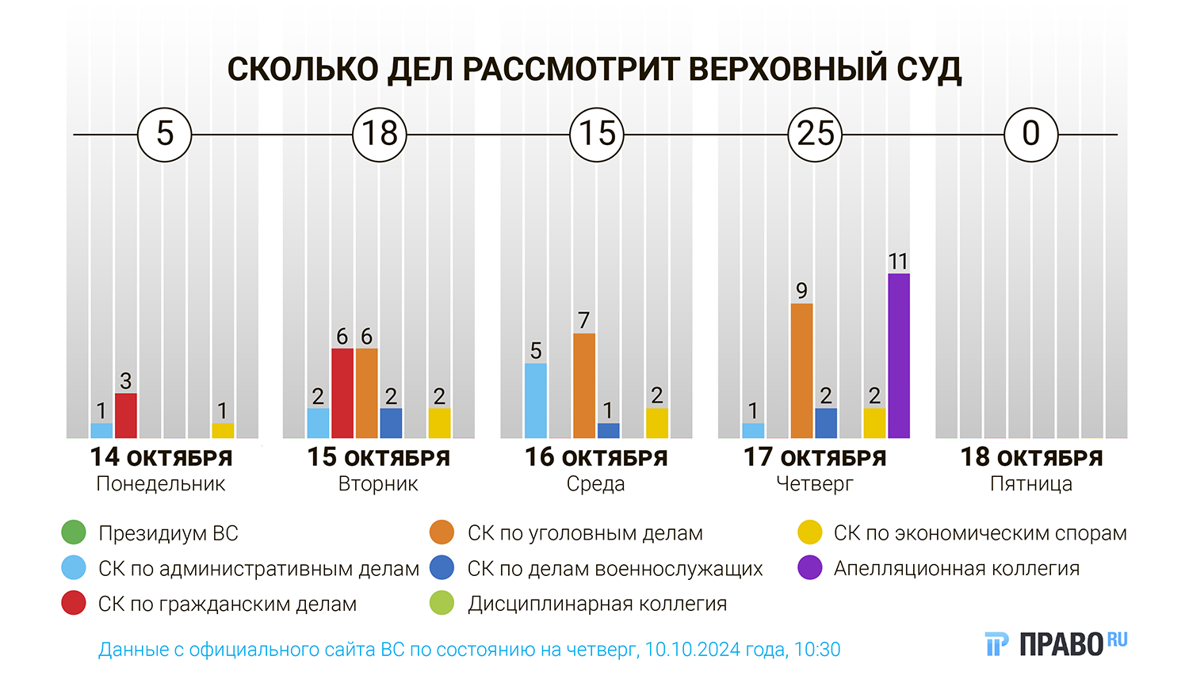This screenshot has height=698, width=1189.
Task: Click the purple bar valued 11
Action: point(898,356)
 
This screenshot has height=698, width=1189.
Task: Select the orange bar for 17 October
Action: point(801,371)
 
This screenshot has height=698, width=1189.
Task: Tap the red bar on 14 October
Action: point(125,415)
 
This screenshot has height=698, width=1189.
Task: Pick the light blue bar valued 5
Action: point(535,400)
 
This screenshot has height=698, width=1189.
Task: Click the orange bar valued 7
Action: point(583,386)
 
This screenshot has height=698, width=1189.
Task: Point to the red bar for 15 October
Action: point(342,393)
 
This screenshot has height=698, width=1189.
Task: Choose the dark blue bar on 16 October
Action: point(608,430)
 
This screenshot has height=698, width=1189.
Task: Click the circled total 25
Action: point(815,134)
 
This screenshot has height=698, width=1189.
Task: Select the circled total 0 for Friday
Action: point(1030,134)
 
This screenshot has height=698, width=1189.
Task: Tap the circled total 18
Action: point(380,134)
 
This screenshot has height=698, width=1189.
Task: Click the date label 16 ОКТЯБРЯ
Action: point(596,457)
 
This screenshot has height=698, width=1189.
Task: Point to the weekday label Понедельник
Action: point(161,484)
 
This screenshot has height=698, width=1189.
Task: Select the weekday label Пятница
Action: point(1030,484)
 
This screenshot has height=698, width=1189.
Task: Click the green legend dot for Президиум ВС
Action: point(74,532)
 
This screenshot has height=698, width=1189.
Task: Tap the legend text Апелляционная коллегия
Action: point(956,568)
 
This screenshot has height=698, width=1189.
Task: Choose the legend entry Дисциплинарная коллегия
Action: point(597,604)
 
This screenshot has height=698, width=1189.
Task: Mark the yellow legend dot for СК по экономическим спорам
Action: point(809,532)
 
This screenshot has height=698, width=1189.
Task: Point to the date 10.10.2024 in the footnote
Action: point(693,650)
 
